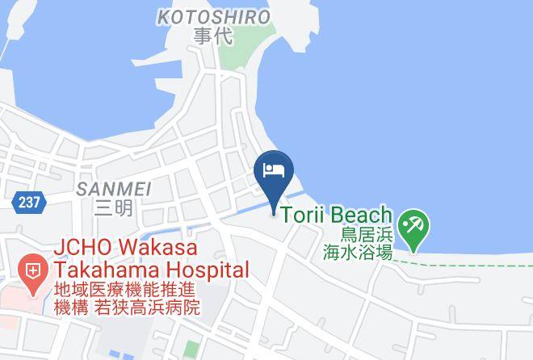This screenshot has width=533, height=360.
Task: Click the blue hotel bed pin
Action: [273, 171]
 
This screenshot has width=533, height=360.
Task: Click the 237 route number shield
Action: [28, 201]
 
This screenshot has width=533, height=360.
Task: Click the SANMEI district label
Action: [113, 190]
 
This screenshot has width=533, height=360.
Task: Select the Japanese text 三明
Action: [113, 209]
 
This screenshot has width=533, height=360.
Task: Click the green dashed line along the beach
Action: [468, 262]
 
